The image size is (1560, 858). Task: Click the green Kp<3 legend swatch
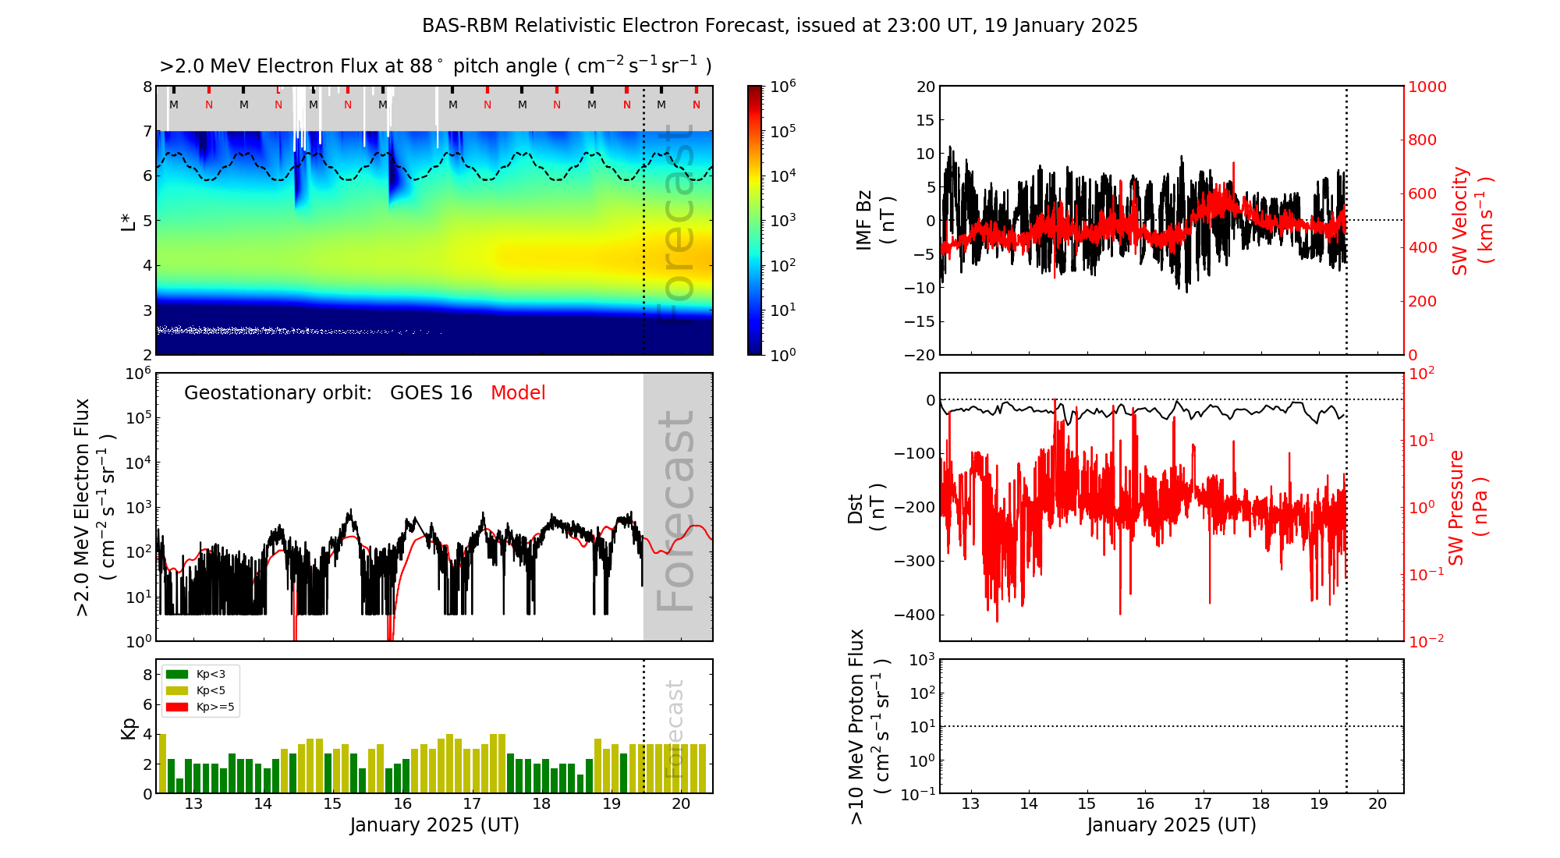tap(177, 674)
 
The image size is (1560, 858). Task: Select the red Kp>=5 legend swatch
tap(177, 707)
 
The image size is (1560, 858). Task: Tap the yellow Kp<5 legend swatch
tap(177, 690)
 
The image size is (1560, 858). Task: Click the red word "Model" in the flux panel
tap(518, 393)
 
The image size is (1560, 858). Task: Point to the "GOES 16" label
tap(431, 393)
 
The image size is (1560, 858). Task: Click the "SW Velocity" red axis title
tap(1460, 220)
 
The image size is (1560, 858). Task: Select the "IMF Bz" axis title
tap(864, 222)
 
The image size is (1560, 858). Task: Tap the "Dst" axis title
tap(856, 508)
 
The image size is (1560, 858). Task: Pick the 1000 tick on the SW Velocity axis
tap(1427, 87)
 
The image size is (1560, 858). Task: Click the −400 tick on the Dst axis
tap(914, 615)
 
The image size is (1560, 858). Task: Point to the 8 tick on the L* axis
tap(147, 87)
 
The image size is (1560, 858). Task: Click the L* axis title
tap(129, 221)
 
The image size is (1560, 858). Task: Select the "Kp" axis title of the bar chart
tap(129, 729)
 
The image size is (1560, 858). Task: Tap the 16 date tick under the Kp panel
tap(402, 804)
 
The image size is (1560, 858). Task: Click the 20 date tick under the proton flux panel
tap(1377, 804)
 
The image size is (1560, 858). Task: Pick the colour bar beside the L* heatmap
tap(754, 220)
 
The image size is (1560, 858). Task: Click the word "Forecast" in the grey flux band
tap(676, 510)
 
